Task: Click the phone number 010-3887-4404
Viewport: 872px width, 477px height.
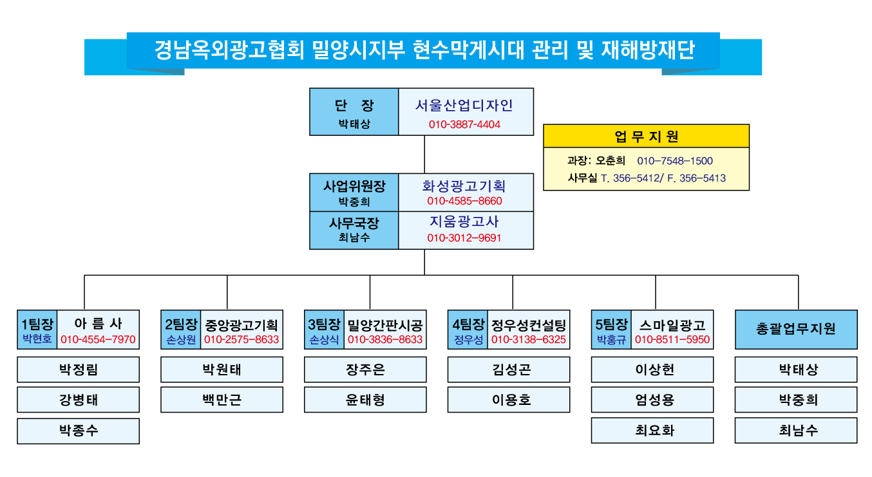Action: (464, 124)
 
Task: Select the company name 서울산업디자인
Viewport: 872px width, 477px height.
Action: (464, 106)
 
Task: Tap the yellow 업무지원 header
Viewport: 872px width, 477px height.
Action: (646, 136)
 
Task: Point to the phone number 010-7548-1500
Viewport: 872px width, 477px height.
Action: (675, 161)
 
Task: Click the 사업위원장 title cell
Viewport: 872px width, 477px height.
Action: (354, 192)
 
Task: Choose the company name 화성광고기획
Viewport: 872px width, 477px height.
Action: (464, 186)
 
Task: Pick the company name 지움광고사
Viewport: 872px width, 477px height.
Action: (464, 222)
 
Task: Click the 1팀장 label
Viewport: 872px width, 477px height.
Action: (37, 324)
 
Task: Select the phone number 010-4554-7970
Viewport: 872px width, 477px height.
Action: (98, 339)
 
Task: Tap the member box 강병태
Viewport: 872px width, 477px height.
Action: (78, 400)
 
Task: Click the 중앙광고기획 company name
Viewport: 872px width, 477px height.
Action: (242, 325)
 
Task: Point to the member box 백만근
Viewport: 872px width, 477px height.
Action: (222, 400)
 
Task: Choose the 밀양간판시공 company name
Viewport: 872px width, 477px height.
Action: (385, 325)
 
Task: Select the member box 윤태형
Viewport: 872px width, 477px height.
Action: (365, 400)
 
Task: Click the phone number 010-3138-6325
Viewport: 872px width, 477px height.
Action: (529, 339)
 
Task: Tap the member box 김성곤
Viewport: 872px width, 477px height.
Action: (509, 369)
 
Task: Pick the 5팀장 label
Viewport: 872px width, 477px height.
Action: (612, 324)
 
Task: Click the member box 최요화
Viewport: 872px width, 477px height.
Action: (652, 430)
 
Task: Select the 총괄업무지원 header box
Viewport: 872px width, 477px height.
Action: (796, 330)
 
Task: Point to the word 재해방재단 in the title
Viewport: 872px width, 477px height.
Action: (648, 50)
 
